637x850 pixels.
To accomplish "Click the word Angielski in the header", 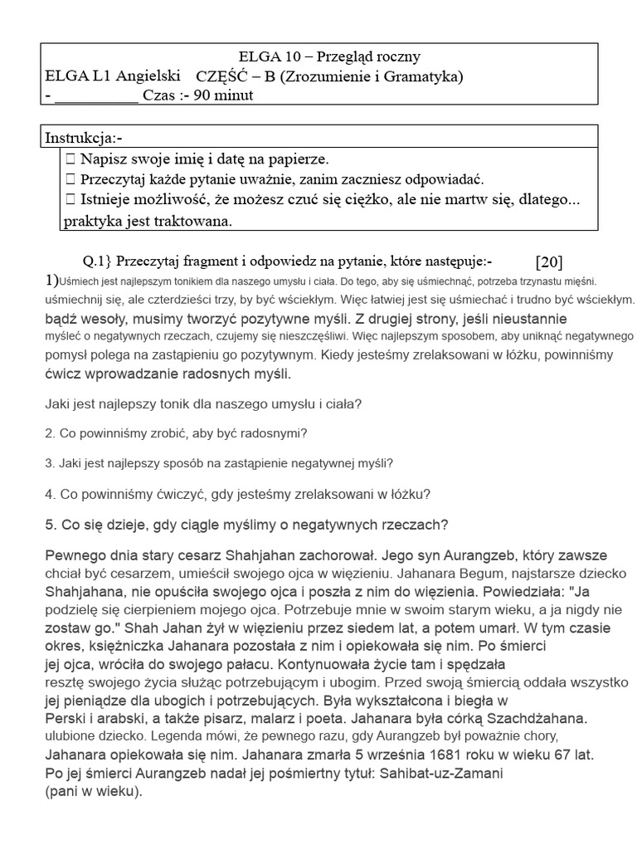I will (149, 76).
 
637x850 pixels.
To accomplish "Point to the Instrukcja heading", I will (83, 137).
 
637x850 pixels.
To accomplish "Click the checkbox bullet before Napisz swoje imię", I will (71, 158).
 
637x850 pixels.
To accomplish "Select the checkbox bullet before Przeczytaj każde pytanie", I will (71, 178).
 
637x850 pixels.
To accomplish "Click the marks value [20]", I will (548, 262).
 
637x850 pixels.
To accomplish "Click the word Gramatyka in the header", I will (423, 76).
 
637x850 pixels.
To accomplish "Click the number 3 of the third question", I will (49, 463).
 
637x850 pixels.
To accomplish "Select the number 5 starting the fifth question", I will (49, 525).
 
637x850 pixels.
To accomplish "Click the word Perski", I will (64, 719).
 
